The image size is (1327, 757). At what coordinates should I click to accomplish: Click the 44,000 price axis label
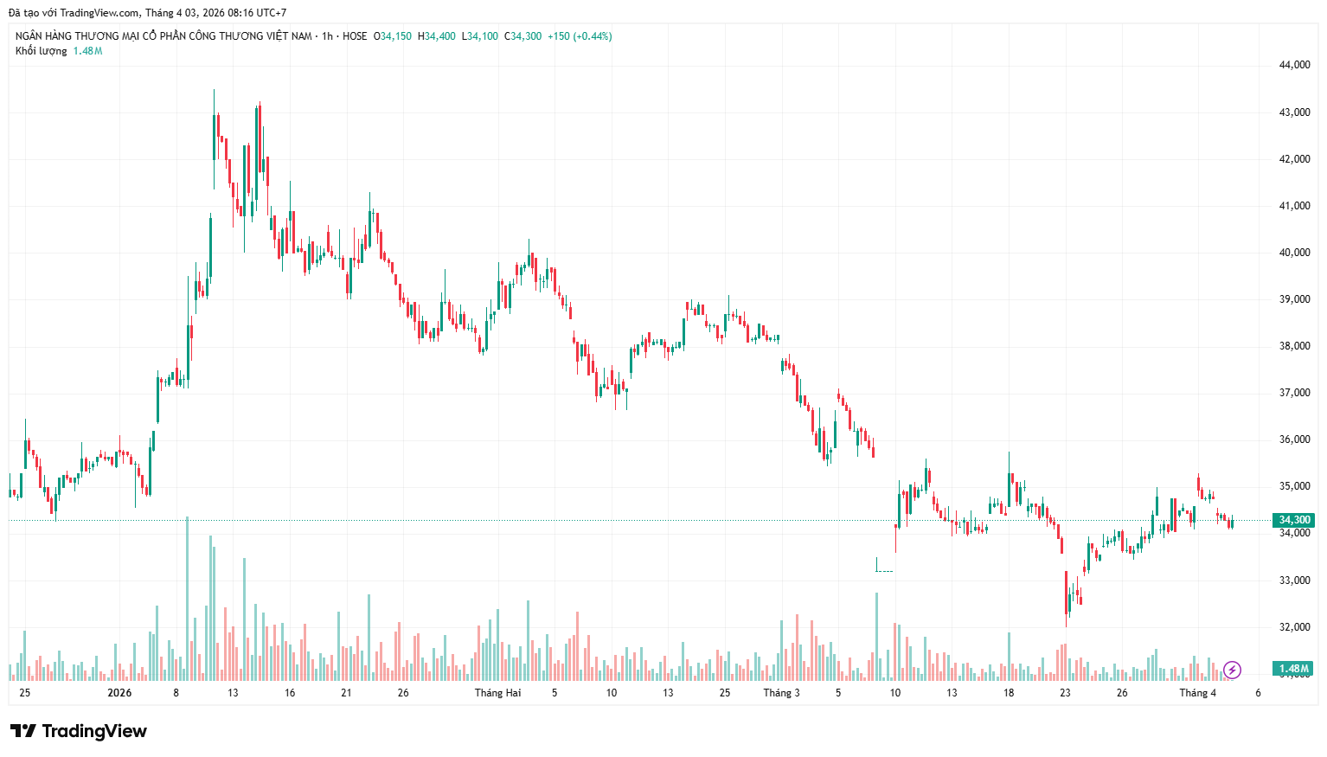(1294, 65)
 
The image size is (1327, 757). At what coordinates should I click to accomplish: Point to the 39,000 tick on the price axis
(1294, 299)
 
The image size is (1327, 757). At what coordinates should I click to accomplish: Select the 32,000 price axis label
(1294, 627)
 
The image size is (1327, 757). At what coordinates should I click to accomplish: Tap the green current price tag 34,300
(1294, 520)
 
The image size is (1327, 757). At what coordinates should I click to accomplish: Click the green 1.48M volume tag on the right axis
(1293, 669)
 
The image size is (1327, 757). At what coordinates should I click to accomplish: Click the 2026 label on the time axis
(119, 693)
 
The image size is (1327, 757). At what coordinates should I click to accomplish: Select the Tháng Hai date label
(497, 693)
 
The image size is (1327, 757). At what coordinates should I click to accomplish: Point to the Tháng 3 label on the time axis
(781, 693)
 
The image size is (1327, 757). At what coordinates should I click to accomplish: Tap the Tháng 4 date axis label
(1197, 693)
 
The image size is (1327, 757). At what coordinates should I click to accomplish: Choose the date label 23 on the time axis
(1065, 693)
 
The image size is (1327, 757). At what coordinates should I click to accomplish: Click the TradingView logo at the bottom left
(79, 731)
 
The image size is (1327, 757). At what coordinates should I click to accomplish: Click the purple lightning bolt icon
(1232, 670)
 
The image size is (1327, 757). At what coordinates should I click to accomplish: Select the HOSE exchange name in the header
(355, 36)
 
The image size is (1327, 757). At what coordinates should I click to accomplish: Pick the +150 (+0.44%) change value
(580, 36)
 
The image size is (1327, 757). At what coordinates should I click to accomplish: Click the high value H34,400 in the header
(437, 36)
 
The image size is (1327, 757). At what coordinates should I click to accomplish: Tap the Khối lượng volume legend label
(41, 51)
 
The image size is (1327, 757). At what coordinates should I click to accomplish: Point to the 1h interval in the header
(327, 36)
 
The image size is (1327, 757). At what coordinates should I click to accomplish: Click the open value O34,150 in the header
(393, 36)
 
